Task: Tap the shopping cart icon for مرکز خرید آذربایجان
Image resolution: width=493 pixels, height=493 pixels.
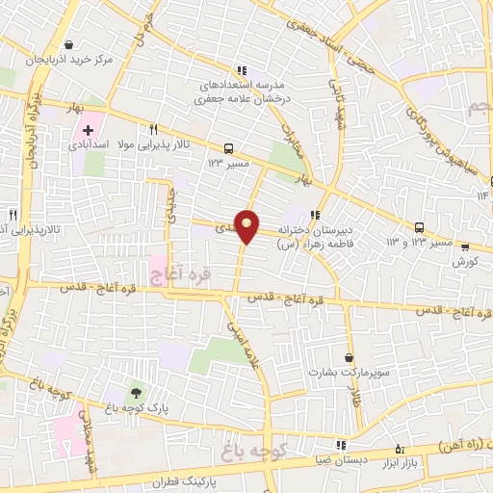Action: click(x=68, y=43)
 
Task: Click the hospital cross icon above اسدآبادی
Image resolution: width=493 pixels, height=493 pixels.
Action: click(x=89, y=128)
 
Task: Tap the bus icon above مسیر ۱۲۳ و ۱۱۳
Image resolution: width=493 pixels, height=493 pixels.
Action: click(x=419, y=227)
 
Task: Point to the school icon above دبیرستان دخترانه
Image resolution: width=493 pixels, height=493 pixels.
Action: click(x=315, y=215)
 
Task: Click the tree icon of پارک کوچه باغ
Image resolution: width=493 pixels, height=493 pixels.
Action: click(x=136, y=392)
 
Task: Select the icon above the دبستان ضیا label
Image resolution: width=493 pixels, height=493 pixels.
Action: click(x=340, y=444)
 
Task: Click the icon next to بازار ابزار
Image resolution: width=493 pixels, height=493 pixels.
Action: click(x=401, y=449)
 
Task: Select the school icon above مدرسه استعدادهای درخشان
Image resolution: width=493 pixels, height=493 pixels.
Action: click(x=243, y=69)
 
